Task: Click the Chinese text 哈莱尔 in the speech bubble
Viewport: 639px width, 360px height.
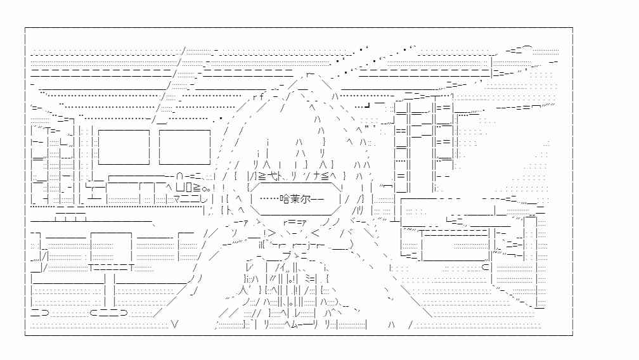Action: click(295, 199)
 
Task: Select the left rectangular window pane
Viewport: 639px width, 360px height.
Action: click(124, 147)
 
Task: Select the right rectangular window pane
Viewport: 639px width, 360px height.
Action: click(184, 147)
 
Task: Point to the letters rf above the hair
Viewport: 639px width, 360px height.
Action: click(259, 97)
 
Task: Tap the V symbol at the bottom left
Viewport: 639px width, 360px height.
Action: click(175, 325)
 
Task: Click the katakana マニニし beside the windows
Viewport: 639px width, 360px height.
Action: click(190, 200)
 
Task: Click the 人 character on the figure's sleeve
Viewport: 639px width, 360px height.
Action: click(243, 290)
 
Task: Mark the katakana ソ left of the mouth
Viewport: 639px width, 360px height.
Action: click(234, 234)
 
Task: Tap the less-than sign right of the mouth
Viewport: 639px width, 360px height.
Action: click(315, 233)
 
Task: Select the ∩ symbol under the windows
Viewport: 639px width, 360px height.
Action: click(179, 177)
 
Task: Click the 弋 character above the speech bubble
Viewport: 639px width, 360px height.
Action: click(274, 176)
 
